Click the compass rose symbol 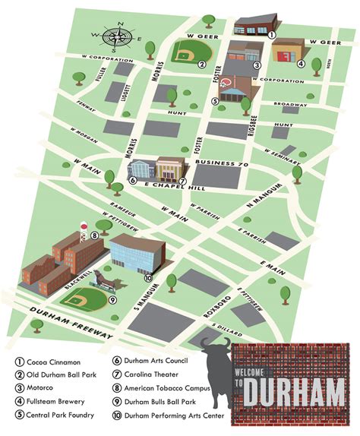(x=117, y=36)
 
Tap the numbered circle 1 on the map (x=272, y=33)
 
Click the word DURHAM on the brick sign (x=295, y=394)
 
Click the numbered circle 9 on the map (x=112, y=299)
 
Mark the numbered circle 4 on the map (x=302, y=64)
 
